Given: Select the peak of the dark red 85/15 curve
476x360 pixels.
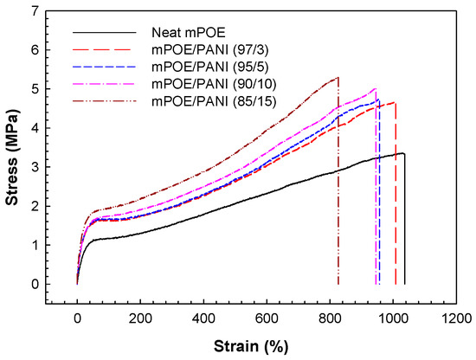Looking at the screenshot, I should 338,78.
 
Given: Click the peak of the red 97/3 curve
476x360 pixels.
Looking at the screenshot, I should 394,102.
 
